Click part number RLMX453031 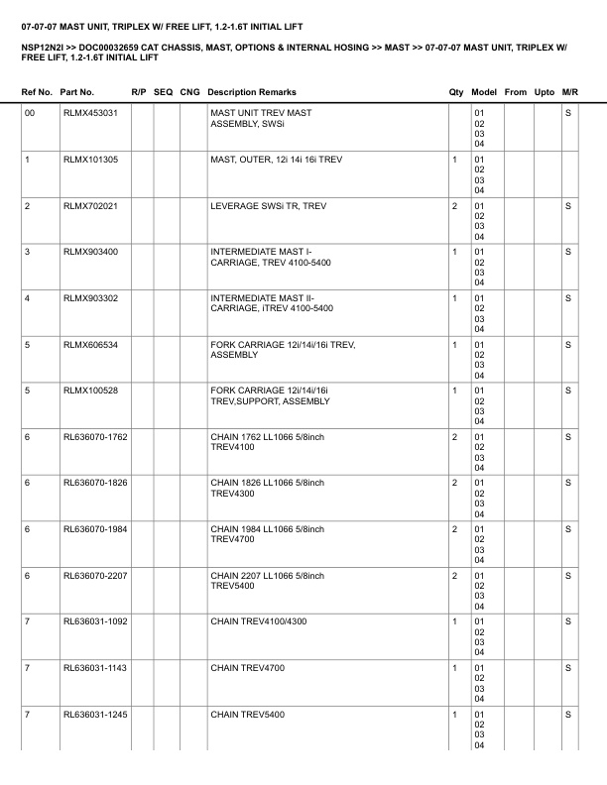(90, 113)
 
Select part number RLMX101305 (90, 160)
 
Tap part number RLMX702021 (90, 205)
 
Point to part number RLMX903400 (90, 252)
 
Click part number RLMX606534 (90, 344)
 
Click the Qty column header (456, 92)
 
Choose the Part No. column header (77, 92)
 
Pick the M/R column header (569, 92)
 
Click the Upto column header (545, 92)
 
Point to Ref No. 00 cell (30, 113)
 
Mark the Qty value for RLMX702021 (454, 205)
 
